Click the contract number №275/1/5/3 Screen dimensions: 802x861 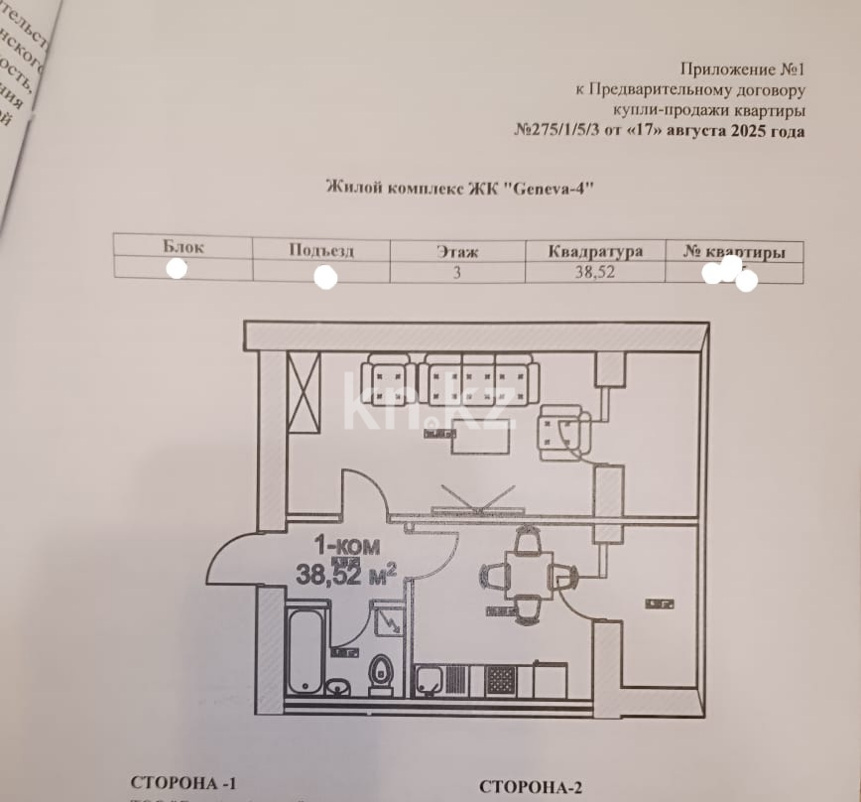[558, 131]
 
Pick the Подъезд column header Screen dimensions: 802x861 [321, 250]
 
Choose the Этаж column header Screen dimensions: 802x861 [457, 252]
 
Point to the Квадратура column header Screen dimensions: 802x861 [595, 252]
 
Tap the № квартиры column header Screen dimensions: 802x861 [734, 253]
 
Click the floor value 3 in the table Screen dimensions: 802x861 [457, 271]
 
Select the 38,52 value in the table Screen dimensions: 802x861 [595, 272]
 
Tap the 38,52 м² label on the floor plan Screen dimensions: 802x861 [345, 573]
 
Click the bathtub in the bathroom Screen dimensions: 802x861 [304, 651]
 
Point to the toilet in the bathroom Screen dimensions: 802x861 [381, 673]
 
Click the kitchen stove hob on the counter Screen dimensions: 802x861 [500, 680]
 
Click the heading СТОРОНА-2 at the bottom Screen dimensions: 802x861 [530, 788]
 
